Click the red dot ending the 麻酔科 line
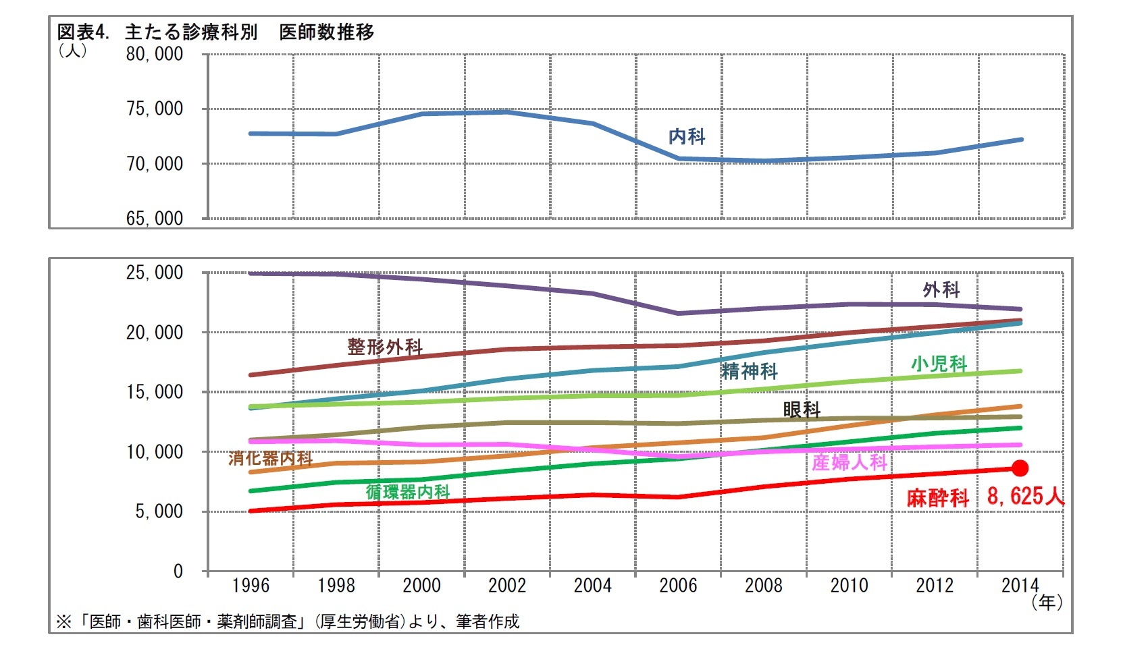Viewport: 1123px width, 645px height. click(x=1020, y=468)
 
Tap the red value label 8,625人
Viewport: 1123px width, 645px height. click(x=1025, y=497)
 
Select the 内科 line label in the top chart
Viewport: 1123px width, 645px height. click(x=687, y=137)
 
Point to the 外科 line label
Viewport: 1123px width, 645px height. click(x=941, y=290)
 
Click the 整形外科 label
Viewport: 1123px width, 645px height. click(x=385, y=347)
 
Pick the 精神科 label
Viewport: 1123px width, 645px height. click(x=750, y=371)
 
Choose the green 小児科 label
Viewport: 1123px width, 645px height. click(x=939, y=364)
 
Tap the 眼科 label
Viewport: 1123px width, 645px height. click(x=802, y=410)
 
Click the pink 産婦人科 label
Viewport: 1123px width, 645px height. click(x=850, y=462)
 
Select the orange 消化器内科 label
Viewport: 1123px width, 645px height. click(x=270, y=459)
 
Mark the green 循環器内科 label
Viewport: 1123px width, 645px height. click(x=408, y=492)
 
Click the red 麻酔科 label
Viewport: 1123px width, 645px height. click(x=937, y=499)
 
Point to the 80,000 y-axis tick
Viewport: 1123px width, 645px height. click(x=155, y=55)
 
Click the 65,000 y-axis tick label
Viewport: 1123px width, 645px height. click(x=155, y=219)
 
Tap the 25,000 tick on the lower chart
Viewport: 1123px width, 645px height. click(x=155, y=273)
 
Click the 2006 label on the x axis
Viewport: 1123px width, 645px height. click(x=678, y=585)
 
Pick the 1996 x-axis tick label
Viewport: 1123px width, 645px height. click(x=251, y=585)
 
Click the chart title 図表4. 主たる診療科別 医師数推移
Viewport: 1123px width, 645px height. click(x=215, y=32)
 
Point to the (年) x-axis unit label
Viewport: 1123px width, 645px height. click(x=1047, y=602)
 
